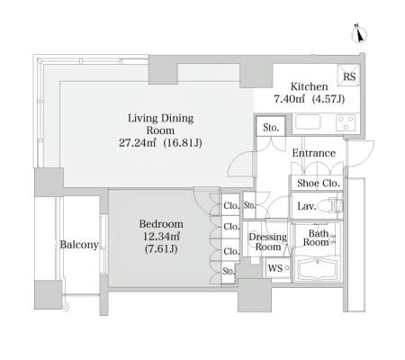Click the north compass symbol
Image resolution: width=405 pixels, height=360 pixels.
[359, 34]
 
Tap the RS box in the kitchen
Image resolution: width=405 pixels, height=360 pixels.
[348, 76]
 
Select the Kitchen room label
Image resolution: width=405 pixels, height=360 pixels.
[309, 86]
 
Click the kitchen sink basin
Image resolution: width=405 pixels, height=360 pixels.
[308, 122]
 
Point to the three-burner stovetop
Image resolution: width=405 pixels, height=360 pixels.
[346, 122]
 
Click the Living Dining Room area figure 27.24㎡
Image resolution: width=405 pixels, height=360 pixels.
[137, 143]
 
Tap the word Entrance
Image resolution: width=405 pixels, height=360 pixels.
[314, 153]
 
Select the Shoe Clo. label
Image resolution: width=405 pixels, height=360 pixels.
[319, 183]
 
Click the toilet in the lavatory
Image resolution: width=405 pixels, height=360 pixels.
[329, 206]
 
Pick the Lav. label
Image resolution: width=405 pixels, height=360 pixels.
[307, 206]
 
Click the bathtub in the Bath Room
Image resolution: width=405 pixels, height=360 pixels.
[318, 269]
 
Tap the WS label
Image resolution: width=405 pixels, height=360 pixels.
[275, 268]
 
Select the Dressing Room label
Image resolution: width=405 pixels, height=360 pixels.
[268, 242]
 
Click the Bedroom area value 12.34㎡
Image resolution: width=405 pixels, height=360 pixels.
[161, 237]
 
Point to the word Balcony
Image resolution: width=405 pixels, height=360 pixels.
[79, 245]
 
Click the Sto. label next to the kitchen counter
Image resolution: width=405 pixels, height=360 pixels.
[271, 128]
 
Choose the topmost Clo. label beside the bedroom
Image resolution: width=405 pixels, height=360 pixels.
[231, 206]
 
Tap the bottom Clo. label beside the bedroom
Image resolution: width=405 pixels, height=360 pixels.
[231, 251]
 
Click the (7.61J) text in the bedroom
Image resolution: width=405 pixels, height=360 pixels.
[161, 249]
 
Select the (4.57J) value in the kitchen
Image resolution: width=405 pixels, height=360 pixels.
[328, 99]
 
